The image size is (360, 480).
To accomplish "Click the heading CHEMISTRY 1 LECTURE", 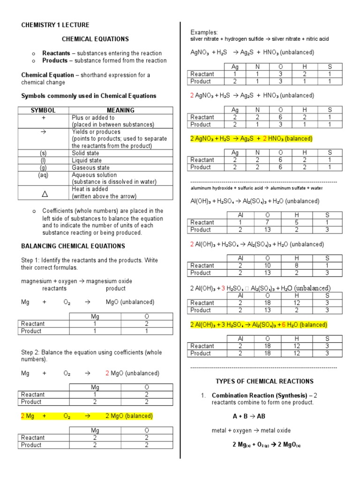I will (x=55, y=25).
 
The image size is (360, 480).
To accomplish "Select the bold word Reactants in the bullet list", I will (x=56, y=53).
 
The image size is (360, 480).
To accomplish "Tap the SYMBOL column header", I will (x=43, y=110).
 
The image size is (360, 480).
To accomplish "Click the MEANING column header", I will (x=120, y=110).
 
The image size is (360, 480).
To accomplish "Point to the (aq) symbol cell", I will (x=43, y=175).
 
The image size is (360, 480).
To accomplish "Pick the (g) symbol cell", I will (x=43, y=167).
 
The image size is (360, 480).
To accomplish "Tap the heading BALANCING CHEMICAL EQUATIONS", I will (x=73, y=246).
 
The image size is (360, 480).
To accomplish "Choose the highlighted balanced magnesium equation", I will (x=87, y=416).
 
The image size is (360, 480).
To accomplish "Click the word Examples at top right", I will (x=204, y=32).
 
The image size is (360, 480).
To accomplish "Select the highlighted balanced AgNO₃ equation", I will (x=251, y=139).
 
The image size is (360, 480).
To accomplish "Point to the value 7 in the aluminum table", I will (x=267, y=222).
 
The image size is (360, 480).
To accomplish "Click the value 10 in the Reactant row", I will (x=267, y=265).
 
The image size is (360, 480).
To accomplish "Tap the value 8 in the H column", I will (x=296, y=265).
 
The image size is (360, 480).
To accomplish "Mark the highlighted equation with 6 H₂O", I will (x=258, y=325).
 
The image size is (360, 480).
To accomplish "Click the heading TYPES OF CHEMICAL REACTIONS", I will (x=264, y=381).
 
